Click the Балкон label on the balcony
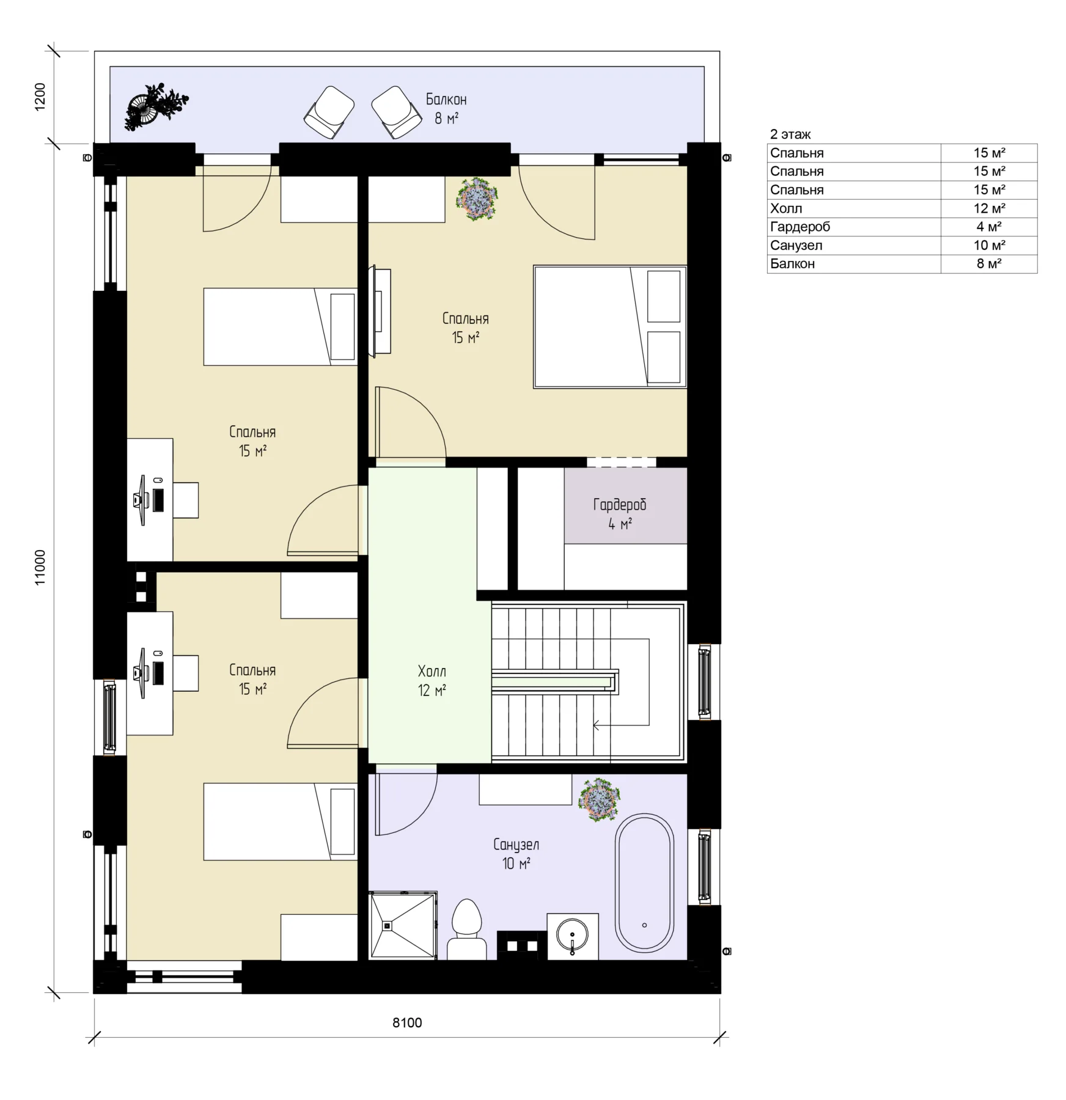click(x=446, y=100)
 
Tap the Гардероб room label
click(x=619, y=505)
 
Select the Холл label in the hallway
click(x=432, y=672)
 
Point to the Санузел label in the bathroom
click(x=516, y=845)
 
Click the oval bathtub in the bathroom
click(x=644, y=882)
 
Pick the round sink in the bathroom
click(x=573, y=936)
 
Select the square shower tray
click(x=403, y=926)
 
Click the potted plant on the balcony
click(x=156, y=106)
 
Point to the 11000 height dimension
click(x=40, y=568)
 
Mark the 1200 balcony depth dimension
click(x=40, y=97)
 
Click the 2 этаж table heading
click(x=790, y=134)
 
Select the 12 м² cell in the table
click(x=989, y=208)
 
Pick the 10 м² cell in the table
click(x=989, y=245)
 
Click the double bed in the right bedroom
click(x=610, y=327)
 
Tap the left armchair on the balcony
click(x=329, y=112)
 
